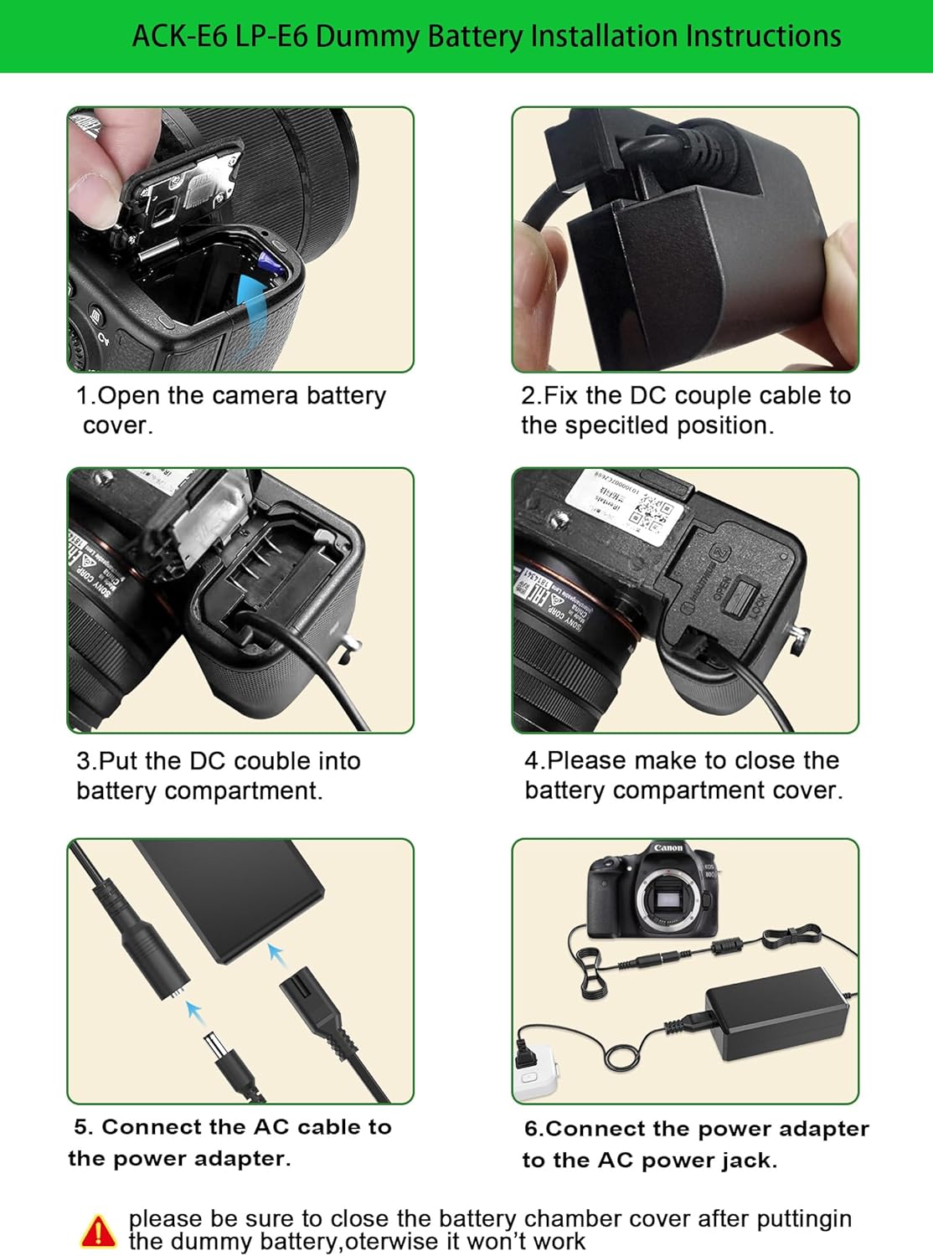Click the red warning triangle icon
coord(98,1231)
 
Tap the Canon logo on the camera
coord(668,848)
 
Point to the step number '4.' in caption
coord(534,760)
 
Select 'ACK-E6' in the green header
coord(179,37)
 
